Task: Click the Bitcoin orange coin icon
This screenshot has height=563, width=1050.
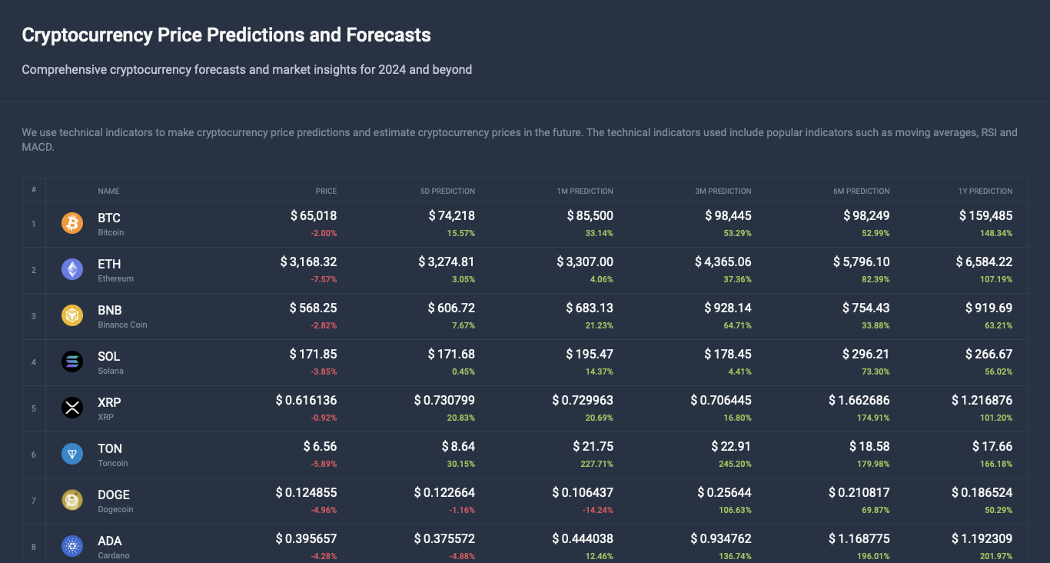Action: point(71,224)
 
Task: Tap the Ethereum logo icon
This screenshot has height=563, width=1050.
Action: point(71,270)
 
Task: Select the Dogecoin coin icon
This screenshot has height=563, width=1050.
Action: point(71,501)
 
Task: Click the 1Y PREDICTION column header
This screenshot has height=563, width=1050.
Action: point(985,191)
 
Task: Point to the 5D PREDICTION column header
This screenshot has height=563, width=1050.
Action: point(447,191)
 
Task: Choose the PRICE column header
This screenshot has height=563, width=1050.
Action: point(326,191)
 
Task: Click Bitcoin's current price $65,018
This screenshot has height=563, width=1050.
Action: point(314,216)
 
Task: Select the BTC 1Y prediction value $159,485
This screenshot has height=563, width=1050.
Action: point(985,216)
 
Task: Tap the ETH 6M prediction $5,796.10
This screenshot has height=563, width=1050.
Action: point(861,262)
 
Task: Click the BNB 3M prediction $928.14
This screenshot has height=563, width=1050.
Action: point(727,308)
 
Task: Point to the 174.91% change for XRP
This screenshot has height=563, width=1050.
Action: point(872,418)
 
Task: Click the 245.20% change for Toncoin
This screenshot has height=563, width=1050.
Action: point(734,464)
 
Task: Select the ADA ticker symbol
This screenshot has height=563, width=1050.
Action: point(110,541)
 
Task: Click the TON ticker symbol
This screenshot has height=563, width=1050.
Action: point(110,448)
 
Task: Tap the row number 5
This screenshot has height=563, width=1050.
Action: point(34,408)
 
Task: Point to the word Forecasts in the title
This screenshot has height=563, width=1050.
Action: point(388,35)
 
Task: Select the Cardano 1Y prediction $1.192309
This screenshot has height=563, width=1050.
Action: point(982,539)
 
